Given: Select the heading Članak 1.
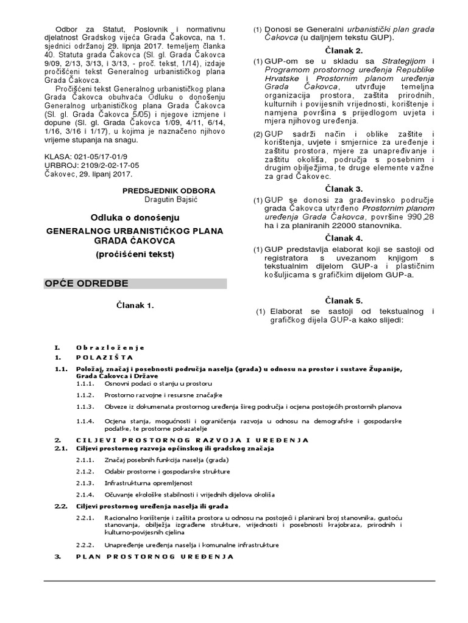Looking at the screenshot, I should click(135, 305).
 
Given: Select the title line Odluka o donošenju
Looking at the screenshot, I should click(136, 218).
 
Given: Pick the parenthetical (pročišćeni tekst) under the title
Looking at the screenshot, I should click(135, 254).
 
